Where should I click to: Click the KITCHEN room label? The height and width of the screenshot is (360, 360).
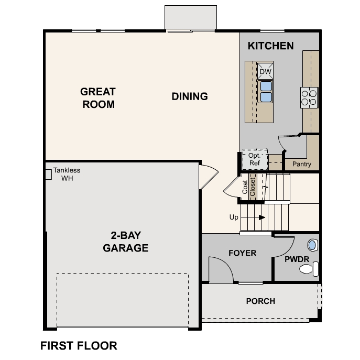270,46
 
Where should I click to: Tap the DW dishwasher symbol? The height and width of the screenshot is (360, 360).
265,71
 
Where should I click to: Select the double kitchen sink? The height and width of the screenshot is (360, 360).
266,91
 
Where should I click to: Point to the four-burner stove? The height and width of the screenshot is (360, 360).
309,97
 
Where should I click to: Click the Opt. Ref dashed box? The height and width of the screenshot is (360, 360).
255,159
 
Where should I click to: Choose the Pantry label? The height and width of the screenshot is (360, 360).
301,164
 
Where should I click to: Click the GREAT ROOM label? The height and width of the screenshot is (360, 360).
98,98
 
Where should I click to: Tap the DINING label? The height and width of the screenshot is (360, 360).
190,96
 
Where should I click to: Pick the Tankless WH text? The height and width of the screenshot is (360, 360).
67,174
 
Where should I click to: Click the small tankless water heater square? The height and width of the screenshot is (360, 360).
48,174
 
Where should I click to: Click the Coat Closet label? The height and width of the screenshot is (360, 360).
248,187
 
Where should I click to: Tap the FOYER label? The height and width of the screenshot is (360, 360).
243,253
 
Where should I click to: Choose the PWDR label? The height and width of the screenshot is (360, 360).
297,259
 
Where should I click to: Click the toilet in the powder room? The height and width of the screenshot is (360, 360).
307,270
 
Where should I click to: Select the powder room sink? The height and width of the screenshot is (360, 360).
312,245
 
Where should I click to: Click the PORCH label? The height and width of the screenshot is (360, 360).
260,301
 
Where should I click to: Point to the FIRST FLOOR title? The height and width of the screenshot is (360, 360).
79,346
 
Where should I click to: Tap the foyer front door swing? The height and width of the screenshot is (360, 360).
220,269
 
